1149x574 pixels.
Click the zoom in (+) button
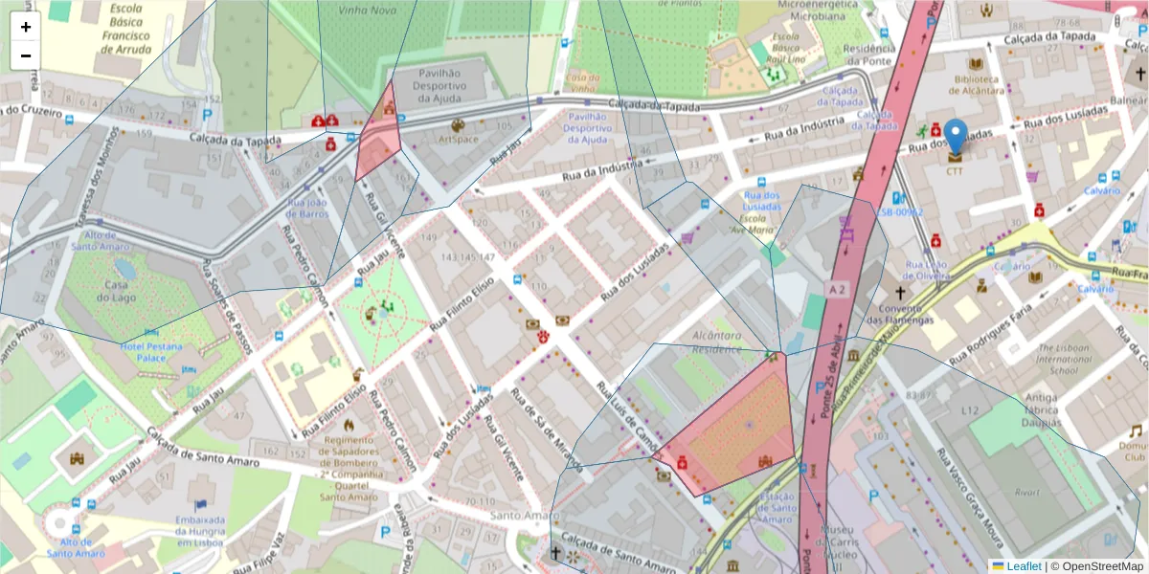click(x=26, y=27)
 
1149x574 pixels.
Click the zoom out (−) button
click(x=26, y=55)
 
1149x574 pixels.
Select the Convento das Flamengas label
click(x=899, y=313)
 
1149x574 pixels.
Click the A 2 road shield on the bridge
click(x=839, y=288)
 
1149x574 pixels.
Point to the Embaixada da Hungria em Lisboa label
click(x=200, y=530)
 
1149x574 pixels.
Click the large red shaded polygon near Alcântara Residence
click(x=737, y=426)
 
